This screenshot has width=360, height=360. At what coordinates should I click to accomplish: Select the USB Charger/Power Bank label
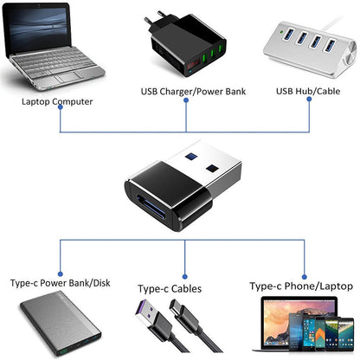187,90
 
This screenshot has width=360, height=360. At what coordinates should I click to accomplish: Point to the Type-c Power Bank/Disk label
61,283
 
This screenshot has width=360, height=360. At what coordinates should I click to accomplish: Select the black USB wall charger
183,48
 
